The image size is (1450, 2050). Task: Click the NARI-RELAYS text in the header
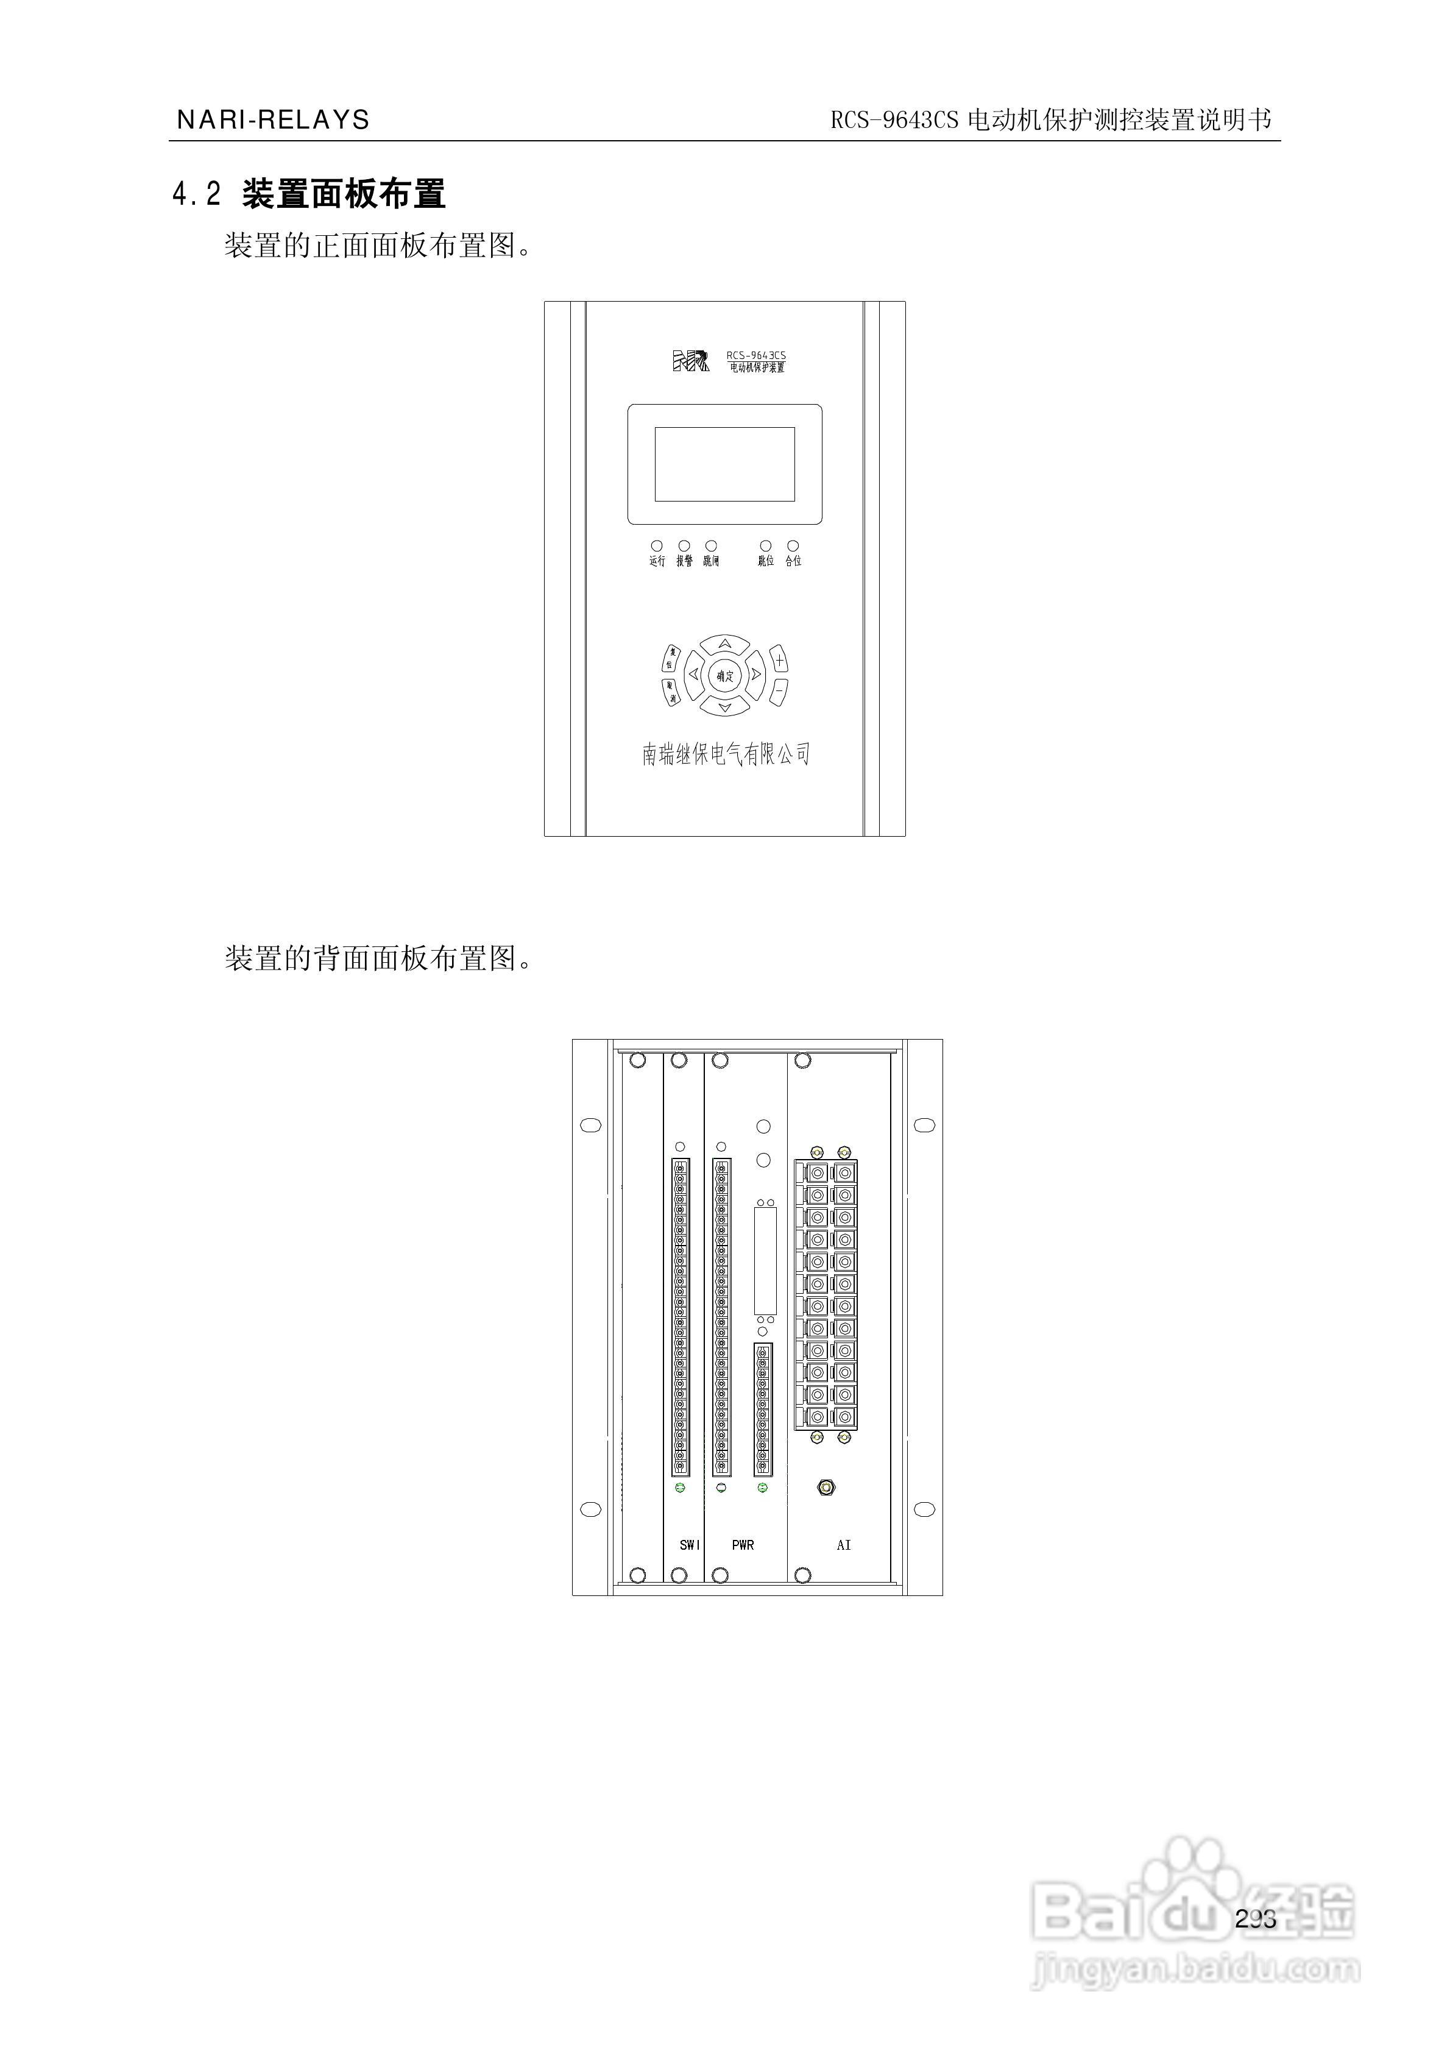coord(273,119)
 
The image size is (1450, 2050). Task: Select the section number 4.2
coord(196,194)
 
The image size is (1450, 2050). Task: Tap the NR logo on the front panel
coord(690,361)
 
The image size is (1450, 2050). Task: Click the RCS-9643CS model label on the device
coord(755,355)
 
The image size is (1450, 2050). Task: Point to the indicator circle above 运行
coord(657,545)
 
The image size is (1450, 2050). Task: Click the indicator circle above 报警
coord(684,545)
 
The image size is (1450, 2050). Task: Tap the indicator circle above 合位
coord(793,545)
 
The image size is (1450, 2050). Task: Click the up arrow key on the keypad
coord(725,644)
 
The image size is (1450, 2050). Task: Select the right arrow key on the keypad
coord(756,675)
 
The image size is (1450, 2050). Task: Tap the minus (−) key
coord(779,690)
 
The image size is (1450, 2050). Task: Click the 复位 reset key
coord(671,659)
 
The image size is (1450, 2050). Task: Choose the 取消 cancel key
coord(671,691)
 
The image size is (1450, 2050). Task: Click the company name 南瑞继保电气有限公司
coord(725,754)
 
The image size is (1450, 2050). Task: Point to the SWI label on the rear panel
coord(689,1545)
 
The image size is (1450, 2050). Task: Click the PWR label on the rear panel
coord(743,1545)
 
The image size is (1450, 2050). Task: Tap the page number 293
coord(1256,1919)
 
